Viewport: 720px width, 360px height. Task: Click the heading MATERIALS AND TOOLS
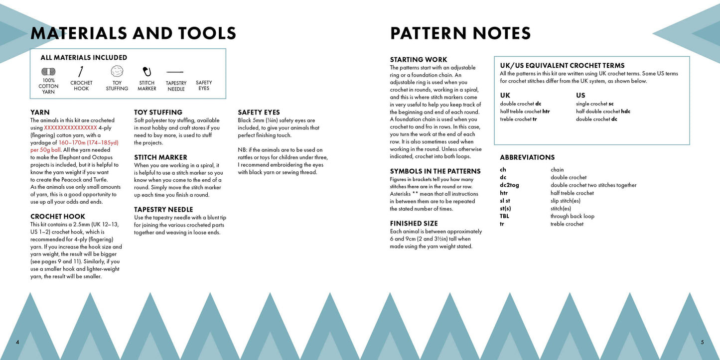133,33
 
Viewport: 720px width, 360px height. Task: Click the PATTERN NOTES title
460,33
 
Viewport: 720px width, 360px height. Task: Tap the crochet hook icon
81,71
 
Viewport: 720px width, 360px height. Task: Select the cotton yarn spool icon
48,71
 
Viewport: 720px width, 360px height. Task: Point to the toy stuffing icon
117,71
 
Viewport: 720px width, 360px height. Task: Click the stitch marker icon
147,71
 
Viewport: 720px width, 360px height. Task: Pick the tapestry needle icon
175,72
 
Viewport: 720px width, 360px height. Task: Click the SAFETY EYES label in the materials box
204,86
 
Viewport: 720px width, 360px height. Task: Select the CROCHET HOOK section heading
58,217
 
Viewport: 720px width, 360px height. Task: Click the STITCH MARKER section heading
160,157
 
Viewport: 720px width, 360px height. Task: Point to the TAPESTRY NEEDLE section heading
163,210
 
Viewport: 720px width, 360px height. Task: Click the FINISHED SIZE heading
414,224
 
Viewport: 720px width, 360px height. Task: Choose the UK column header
505,95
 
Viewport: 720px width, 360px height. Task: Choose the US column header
580,95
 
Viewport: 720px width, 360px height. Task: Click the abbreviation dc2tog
509,185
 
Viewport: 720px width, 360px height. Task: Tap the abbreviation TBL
504,216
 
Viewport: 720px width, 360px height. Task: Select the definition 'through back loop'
572,216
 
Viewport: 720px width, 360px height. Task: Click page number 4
17,342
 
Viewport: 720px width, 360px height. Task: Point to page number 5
702,342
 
